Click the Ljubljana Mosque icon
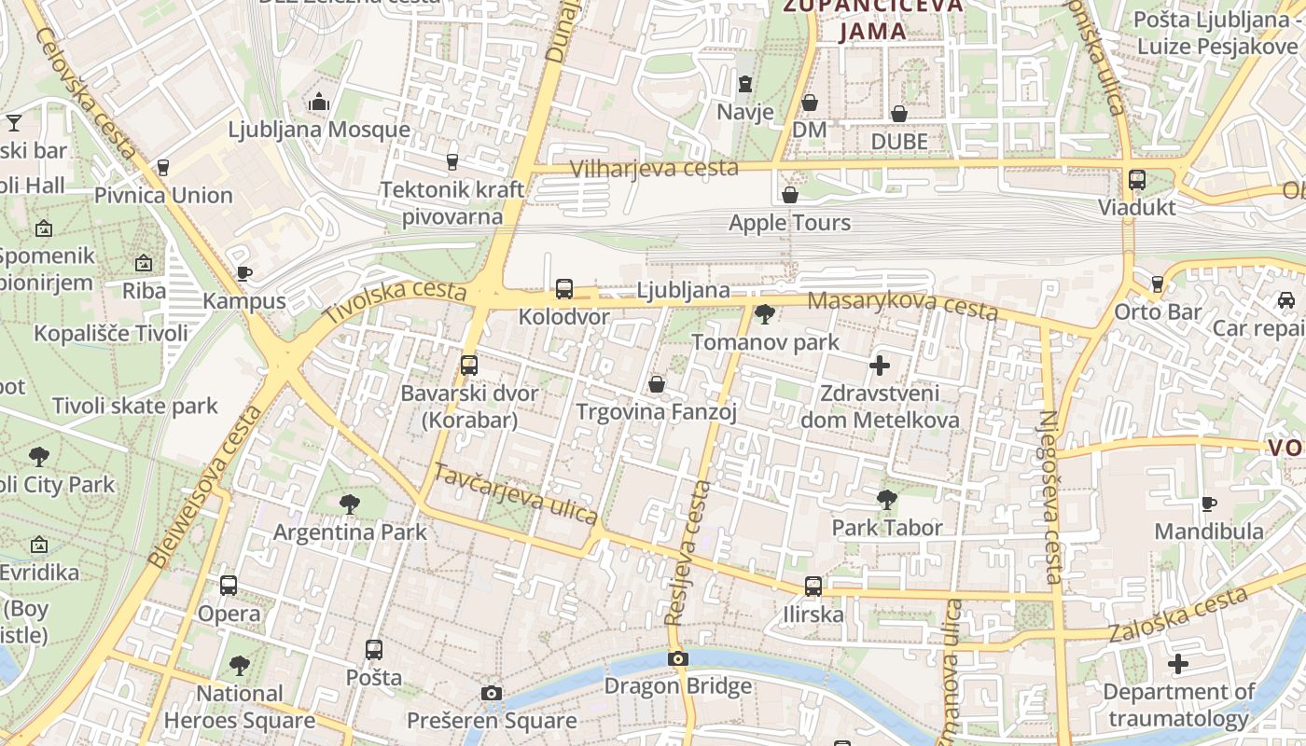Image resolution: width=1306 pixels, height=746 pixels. pyautogui.click(x=319, y=101)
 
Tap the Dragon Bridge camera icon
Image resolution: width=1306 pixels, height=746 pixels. pyautogui.click(x=678, y=658)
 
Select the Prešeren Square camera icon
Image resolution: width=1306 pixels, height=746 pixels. pyautogui.click(x=492, y=693)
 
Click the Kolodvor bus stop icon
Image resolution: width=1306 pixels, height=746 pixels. pyautogui.click(x=564, y=289)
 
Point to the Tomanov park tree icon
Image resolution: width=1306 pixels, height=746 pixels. pyautogui.click(x=765, y=314)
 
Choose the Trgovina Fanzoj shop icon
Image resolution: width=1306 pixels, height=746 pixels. pyautogui.click(x=657, y=384)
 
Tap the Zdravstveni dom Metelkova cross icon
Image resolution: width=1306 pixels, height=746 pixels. pyautogui.click(x=880, y=366)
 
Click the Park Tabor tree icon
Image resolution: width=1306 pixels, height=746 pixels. pyautogui.click(x=887, y=500)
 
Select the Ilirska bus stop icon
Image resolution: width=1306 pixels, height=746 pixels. pyautogui.click(x=813, y=587)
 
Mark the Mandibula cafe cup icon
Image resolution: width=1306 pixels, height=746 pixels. pyautogui.click(x=1209, y=504)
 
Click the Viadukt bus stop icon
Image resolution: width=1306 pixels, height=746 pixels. pyautogui.click(x=1137, y=180)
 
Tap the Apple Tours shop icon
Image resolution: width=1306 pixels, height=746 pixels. pyautogui.click(x=790, y=195)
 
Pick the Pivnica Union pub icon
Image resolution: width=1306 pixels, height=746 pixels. pyautogui.click(x=163, y=168)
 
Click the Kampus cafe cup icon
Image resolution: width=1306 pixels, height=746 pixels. pyautogui.click(x=243, y=273)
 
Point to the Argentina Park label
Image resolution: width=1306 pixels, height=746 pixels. pyautogui.click(x=350, y=532)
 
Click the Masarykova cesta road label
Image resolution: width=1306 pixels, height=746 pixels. pyautogui.click(x=902, y=305)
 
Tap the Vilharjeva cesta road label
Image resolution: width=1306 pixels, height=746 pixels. pyautogui.click(x=654, y=168)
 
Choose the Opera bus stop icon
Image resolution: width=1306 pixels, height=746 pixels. pyautogui.click(x=229, y=586)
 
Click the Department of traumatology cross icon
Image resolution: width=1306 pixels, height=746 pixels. pyautogui.click(x=1178, y=665)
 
